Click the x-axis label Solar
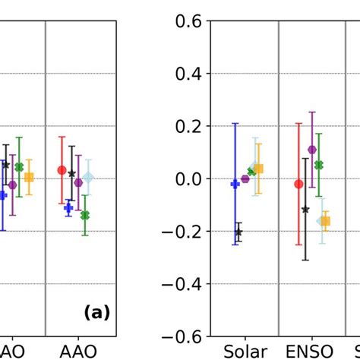245,351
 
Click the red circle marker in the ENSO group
298,184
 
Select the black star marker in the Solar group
238,232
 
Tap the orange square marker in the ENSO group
326,221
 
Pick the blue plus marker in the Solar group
235,184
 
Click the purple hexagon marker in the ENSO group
312,150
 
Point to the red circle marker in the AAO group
62,170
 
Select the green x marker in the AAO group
84,216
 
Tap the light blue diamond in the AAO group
89,178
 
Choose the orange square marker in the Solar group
258,169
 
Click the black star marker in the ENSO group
305,209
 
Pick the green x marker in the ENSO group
319,165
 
